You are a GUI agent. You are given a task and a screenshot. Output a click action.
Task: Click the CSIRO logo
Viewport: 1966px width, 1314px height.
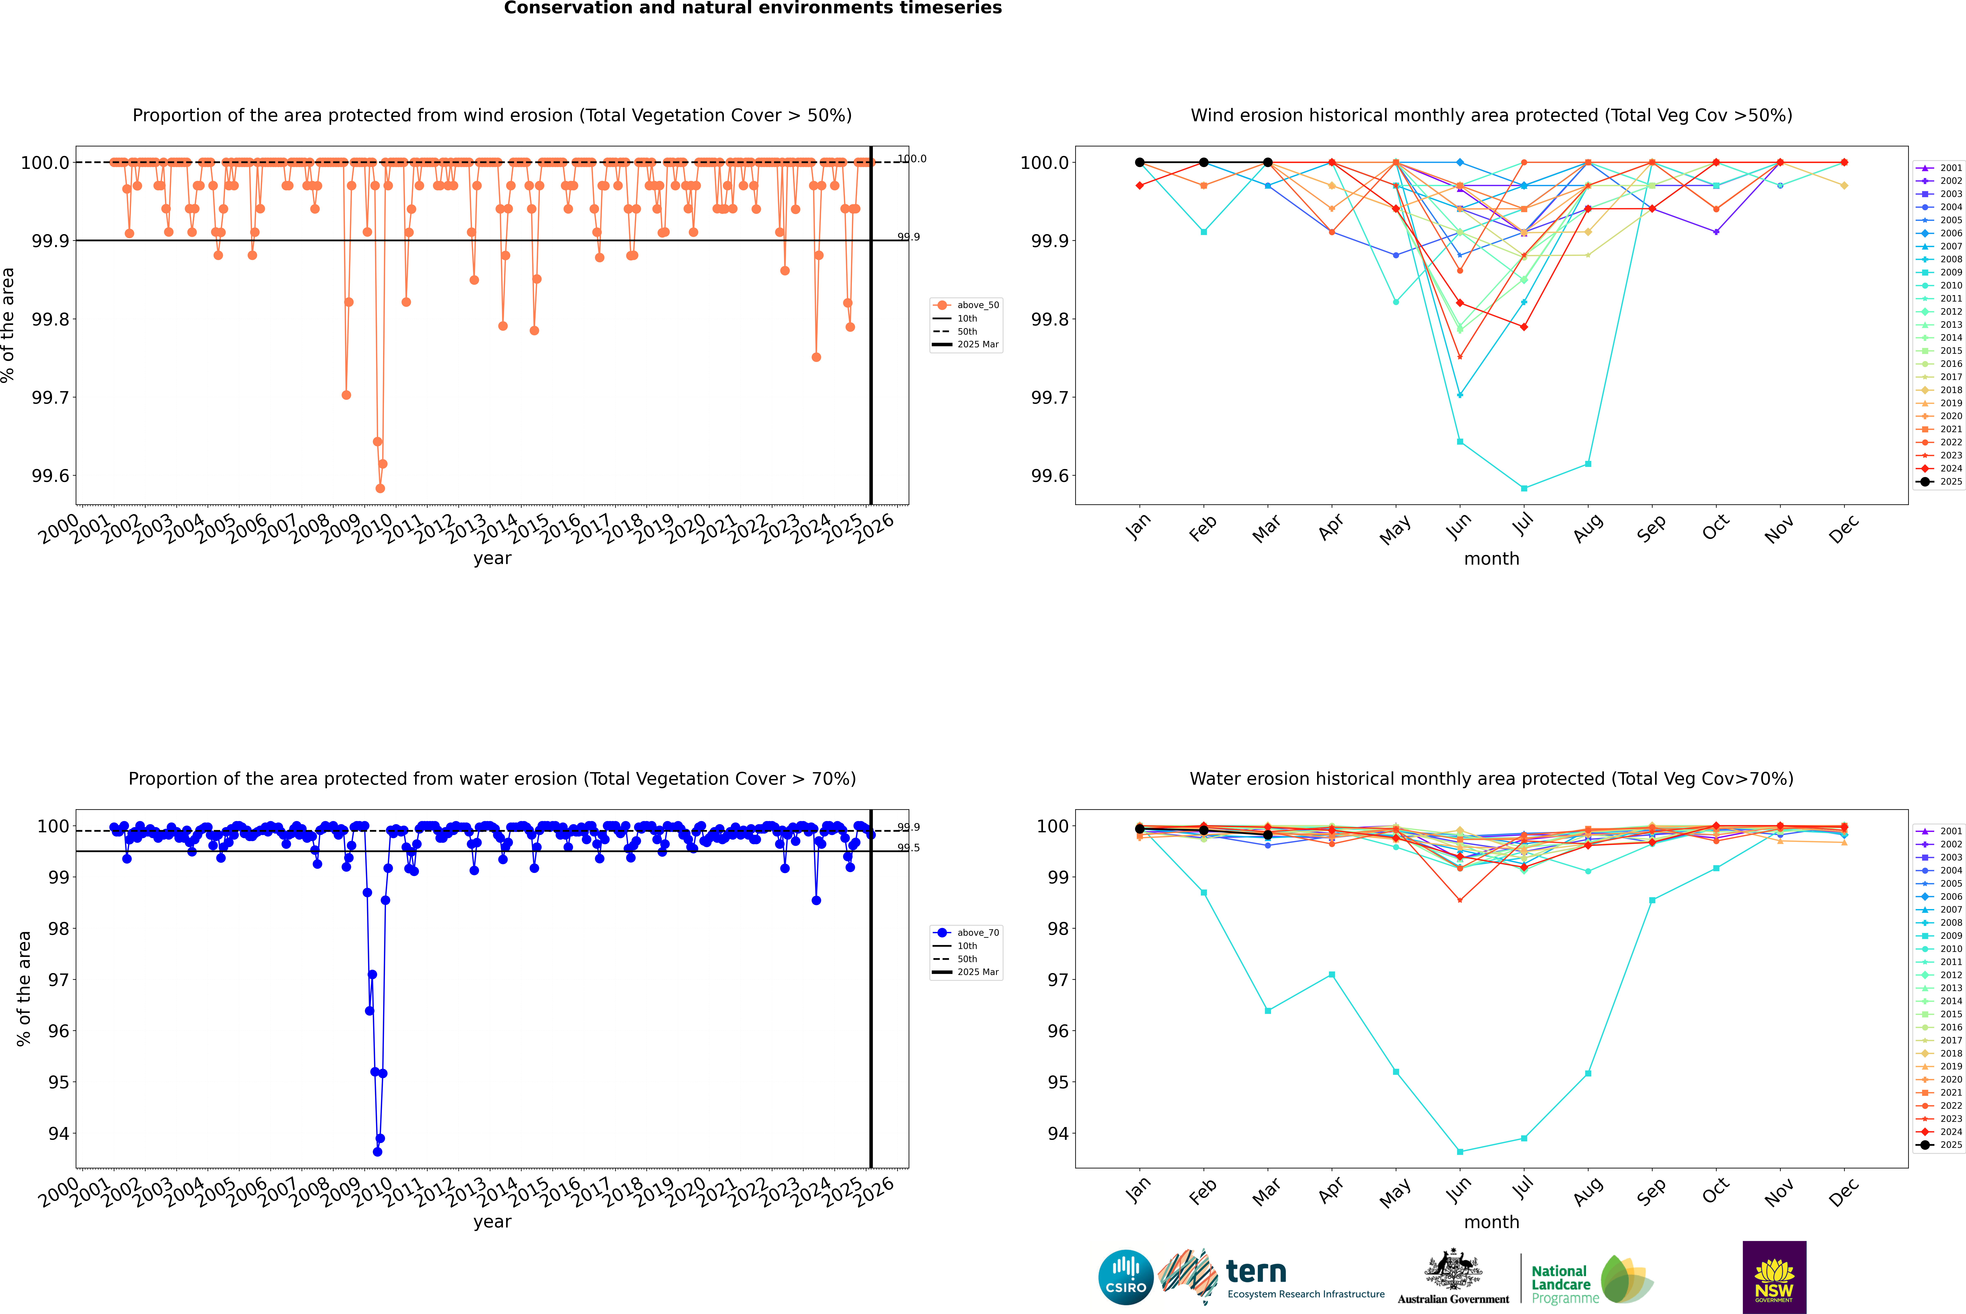click(x=1126, y=1277)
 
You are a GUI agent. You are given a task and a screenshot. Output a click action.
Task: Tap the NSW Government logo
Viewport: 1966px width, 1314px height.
click(x=1774, y=1277)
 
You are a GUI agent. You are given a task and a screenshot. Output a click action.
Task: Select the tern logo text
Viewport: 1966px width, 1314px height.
click(x=1255, y=1271)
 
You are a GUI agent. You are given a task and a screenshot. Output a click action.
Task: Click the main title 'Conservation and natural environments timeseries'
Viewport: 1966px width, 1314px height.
click(x=752, y=8)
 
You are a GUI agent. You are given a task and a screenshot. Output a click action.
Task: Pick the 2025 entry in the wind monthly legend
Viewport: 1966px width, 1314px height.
click(x=1940, y=482)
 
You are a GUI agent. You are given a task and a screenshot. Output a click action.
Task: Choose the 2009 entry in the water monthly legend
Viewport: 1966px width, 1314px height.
click(x=1940, y=936)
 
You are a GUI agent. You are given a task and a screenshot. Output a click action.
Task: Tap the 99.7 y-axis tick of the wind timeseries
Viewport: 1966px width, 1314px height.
click(x=50, y=397)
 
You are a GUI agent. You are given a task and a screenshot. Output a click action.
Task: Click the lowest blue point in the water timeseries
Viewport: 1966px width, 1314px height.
click(x=377, y=1151)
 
